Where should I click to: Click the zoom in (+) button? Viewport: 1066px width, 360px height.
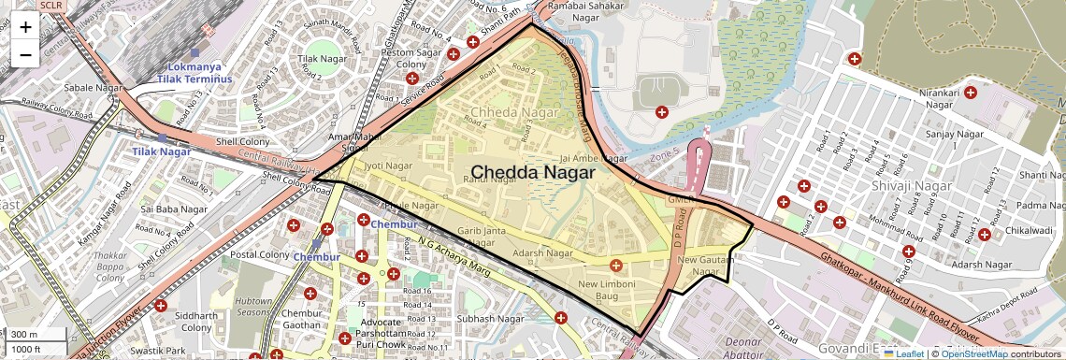click(25, 27)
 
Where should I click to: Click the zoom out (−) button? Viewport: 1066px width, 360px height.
click(25, 55)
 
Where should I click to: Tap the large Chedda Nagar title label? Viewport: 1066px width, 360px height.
click(532, 172)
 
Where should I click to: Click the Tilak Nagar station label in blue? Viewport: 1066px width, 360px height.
click(161, 151)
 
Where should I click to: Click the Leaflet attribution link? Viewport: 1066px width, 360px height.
click(903, 353)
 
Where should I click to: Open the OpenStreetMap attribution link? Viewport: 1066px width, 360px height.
click(973, 353)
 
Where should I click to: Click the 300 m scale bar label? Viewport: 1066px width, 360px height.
click(25, 334)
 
